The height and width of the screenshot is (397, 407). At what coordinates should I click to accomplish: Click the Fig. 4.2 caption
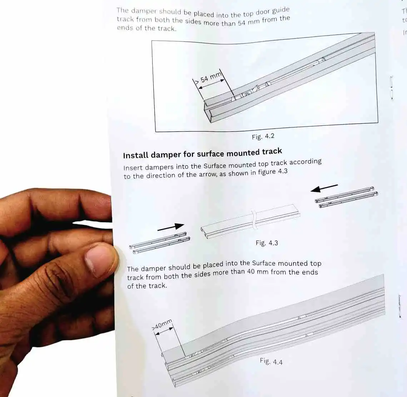(263, 137)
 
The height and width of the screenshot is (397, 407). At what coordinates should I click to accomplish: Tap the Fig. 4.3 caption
(267, 243)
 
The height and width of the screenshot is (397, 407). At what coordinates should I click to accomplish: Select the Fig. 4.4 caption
(271, 361)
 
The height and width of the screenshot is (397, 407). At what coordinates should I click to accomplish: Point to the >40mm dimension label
(162, 325)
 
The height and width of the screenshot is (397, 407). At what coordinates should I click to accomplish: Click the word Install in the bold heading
(135, 155)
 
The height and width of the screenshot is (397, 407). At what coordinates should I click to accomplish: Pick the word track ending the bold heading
(272, 152)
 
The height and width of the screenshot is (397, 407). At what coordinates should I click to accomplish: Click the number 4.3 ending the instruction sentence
(282, 171)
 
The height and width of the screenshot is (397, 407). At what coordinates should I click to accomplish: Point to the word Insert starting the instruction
(133, 168)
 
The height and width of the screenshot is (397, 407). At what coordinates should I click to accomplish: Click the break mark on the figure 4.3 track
(254, 219)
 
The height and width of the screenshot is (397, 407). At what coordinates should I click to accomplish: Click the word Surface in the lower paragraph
(263, 263)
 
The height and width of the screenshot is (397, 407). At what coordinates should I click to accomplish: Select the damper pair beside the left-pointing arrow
(346, 197)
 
